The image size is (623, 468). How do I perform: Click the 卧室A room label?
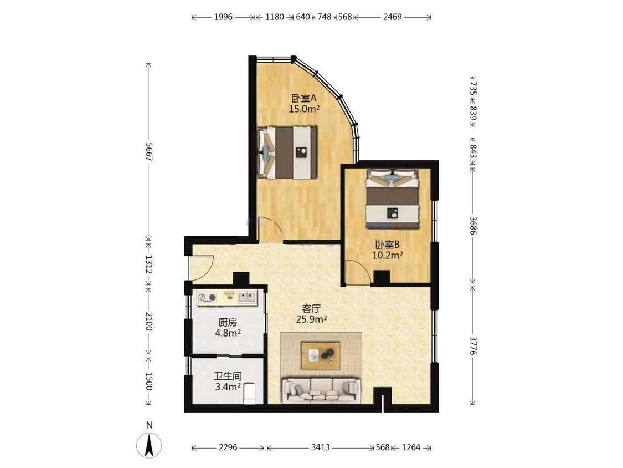(x=303, y=98)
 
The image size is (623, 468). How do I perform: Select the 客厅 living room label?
(x=311, y=308)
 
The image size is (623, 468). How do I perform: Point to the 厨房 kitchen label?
(x=228, y=322)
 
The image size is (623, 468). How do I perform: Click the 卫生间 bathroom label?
(x=228, y=376)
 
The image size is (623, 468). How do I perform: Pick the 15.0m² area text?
(x=305, y=109)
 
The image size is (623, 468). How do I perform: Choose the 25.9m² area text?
(x=311, y=319)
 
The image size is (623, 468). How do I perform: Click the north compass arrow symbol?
(x=149, y=445)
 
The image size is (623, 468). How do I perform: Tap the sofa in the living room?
(x=321, y=390)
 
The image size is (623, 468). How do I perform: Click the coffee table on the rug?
(x=320, y=354)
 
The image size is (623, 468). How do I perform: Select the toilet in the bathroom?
(x=249, y=393)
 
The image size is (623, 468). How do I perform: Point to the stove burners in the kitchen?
(x=208, y=297)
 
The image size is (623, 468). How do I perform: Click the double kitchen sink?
(x=247, y=297)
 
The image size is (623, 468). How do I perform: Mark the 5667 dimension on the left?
(x=148, y=151)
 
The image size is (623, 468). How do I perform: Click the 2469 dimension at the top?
(x=392, y=17)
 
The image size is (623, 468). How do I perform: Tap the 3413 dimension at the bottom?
(x=320, y=447)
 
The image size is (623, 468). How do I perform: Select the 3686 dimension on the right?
(x=473, y=225)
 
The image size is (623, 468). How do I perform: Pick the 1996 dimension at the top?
(x=223, y=17)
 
